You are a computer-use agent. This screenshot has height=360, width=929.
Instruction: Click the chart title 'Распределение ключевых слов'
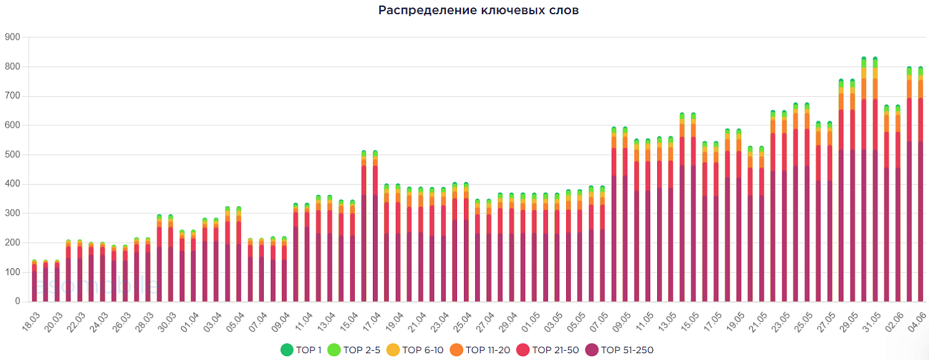479,11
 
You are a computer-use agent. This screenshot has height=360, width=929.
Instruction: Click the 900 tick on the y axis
12,37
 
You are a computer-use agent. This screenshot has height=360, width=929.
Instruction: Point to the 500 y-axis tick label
12,155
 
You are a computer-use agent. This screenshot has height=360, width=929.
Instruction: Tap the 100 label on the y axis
12,272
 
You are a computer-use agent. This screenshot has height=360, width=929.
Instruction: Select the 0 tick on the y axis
18,302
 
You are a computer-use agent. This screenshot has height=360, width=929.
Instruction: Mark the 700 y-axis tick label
12,96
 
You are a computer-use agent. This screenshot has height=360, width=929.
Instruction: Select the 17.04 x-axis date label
371,322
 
